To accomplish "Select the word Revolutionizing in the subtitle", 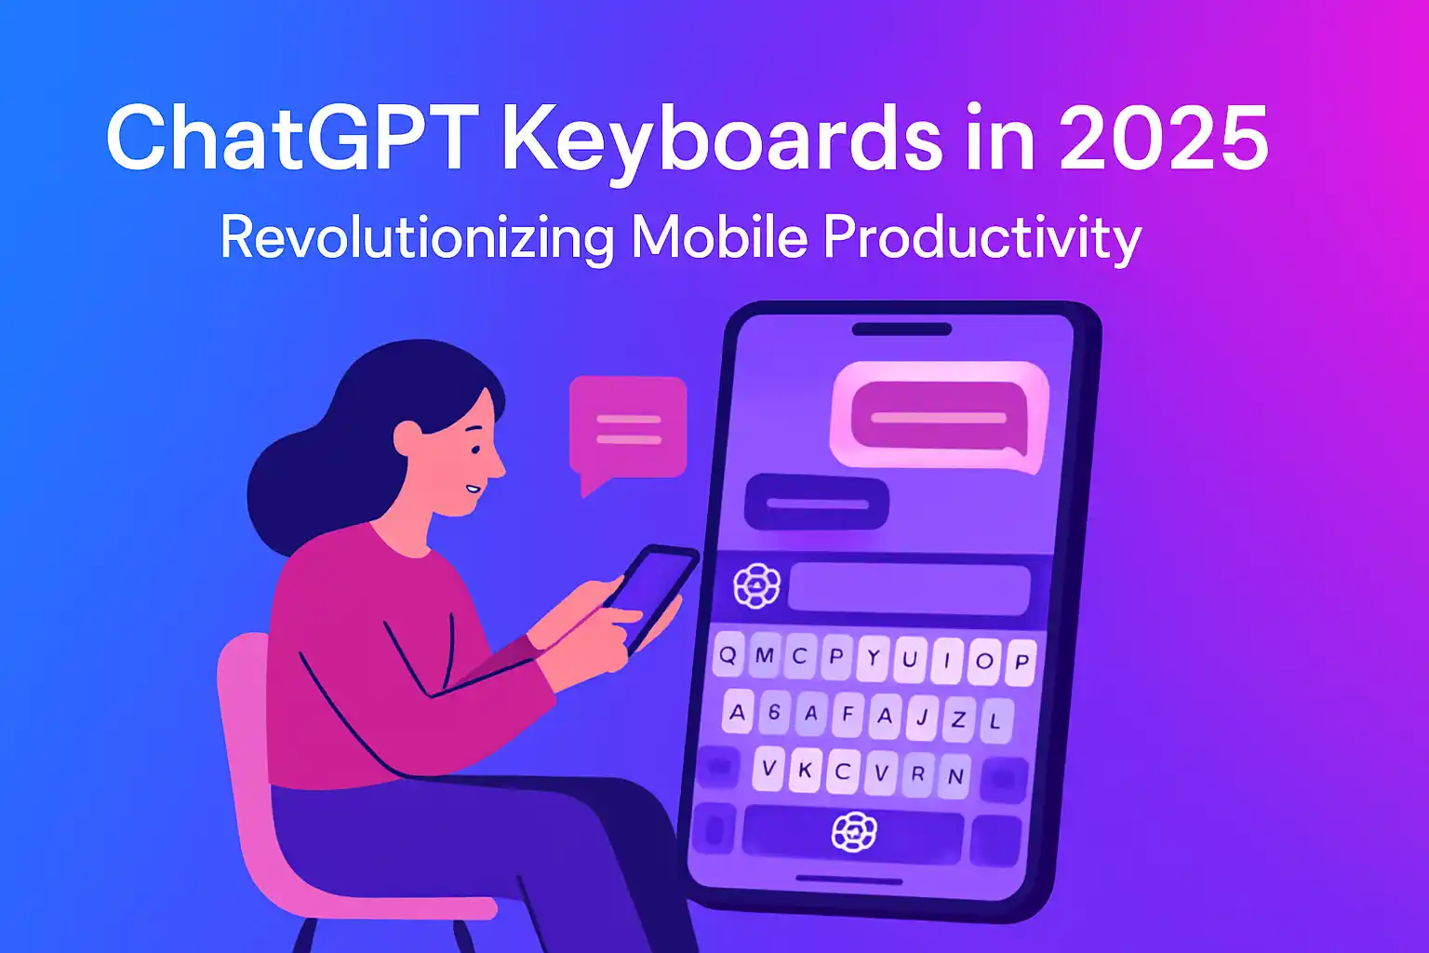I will (x=417, y=237).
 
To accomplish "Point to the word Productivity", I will (x=982, y=237).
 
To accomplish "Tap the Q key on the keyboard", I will (x=728, y=654).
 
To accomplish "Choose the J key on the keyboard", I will (x=922, y=718).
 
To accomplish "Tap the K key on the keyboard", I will (x=806, y=771).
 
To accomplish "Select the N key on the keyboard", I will (x=955, y=776).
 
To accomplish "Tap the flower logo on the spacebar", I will (x=854, y=831).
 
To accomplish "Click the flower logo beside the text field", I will (x=756, y=585).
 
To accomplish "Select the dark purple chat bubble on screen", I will (x=816, y=503).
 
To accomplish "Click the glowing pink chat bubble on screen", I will (x=938, y=415).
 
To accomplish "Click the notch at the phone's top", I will (x=901, y=329).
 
